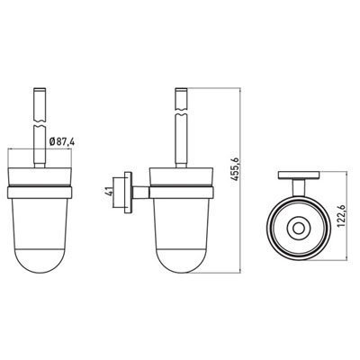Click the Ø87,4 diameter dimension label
pyautogui.click(x=61, y=141)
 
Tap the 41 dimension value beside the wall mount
pyautogui.click(x=110, y=191)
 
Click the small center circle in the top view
pyautogui.click(x=298, y=229)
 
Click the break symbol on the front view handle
pyautogui.click(x=40, y=123)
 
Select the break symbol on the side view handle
pyautogui.click(x=181, y=111)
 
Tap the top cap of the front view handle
pyautogui.click(x=40, y=88)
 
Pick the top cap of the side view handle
pyautogui.click(x=181, y=88)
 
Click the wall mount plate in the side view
pyautogui.click(x=128, y=193)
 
